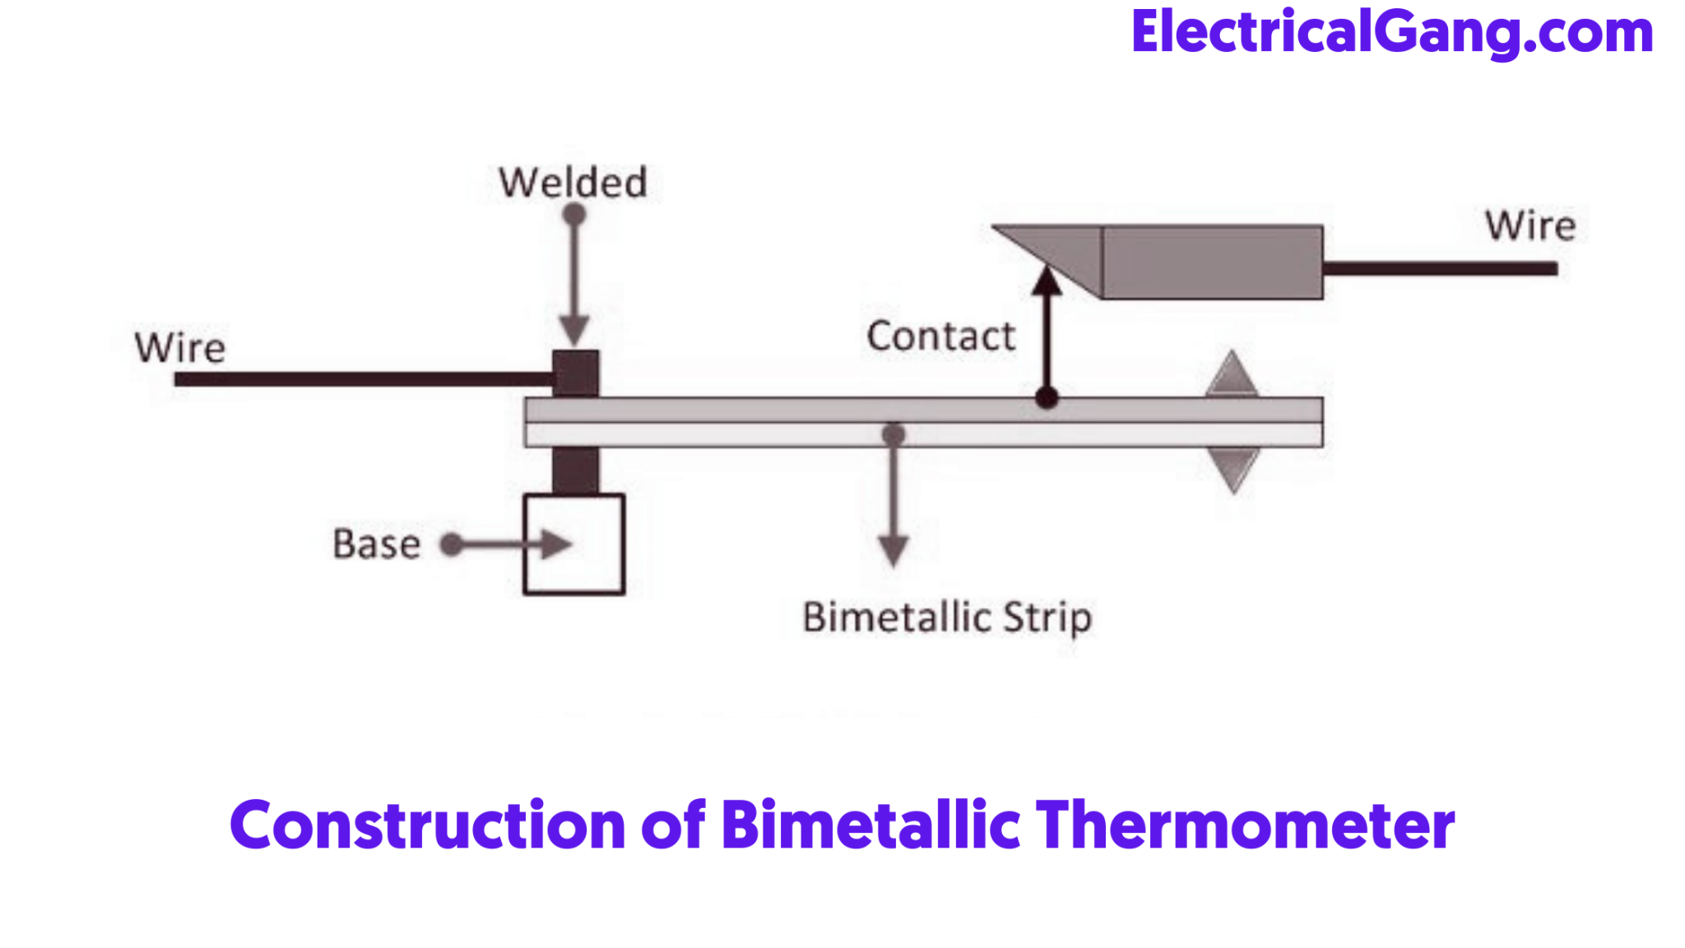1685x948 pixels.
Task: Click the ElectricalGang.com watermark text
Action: pos(1391,33)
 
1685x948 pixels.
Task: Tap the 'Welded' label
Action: pos(573,183)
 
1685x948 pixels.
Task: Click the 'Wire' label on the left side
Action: pos(180,348)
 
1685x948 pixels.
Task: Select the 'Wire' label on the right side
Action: pos(1529,225)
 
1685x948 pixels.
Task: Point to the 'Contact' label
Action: pos(940,337)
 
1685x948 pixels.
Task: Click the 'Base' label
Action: pos(376,544)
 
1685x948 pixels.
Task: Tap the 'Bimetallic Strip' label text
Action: pos(947,617)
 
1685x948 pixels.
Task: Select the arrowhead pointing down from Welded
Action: pos(574,330)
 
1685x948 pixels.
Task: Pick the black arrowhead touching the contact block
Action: pos(1047,281)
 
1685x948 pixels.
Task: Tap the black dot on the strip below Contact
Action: pos(1047,398)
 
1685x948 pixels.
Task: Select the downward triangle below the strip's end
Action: pos(1232,468)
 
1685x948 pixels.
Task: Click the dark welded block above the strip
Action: pos(576,374)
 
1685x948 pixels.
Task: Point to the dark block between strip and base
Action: pos(575,470)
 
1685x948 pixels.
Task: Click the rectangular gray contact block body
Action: pos(1212,262)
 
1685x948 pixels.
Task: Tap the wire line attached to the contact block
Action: pos(1440,268)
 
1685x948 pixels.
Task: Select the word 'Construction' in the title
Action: pos(428,825)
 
